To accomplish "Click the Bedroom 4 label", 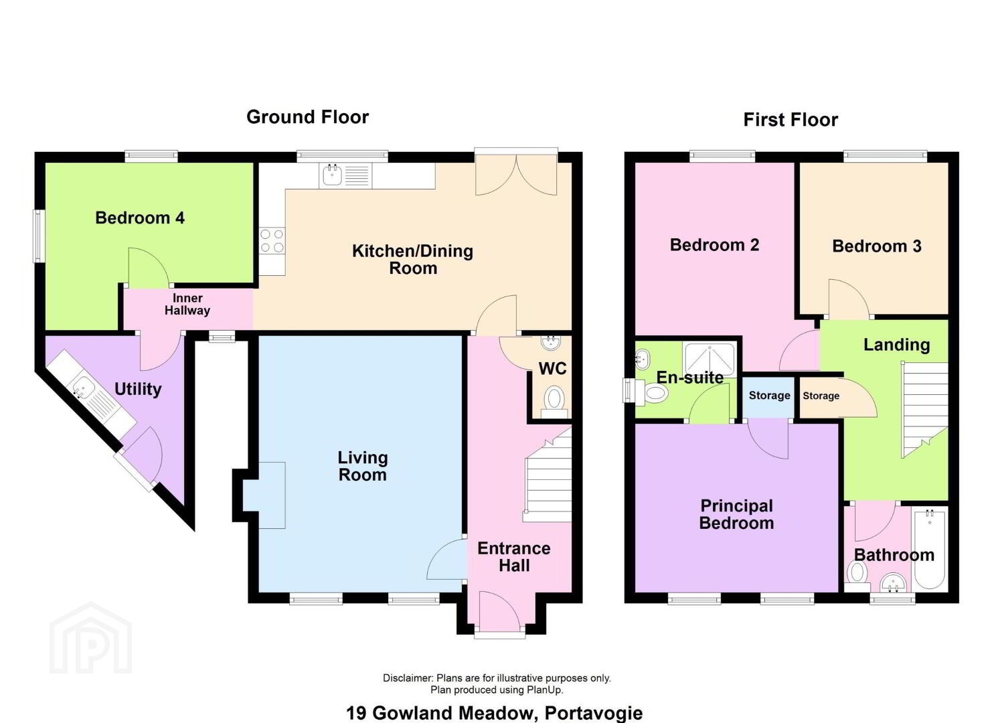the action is [x=140, y=218].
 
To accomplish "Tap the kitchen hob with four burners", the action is [x=272, y=240].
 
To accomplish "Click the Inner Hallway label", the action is [x=187, y=304].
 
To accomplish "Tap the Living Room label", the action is [x=363, y=466].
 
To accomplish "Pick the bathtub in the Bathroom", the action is [x=929, y=549].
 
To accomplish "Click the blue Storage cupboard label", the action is [x=770, y=396].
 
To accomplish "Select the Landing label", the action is [x=897, y=345].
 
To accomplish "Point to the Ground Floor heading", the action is [x=307, y=117].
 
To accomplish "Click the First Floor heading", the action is [x=791, y=120].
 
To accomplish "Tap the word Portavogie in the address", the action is [x=594, y=713].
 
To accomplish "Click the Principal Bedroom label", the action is [x=736, y=514].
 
